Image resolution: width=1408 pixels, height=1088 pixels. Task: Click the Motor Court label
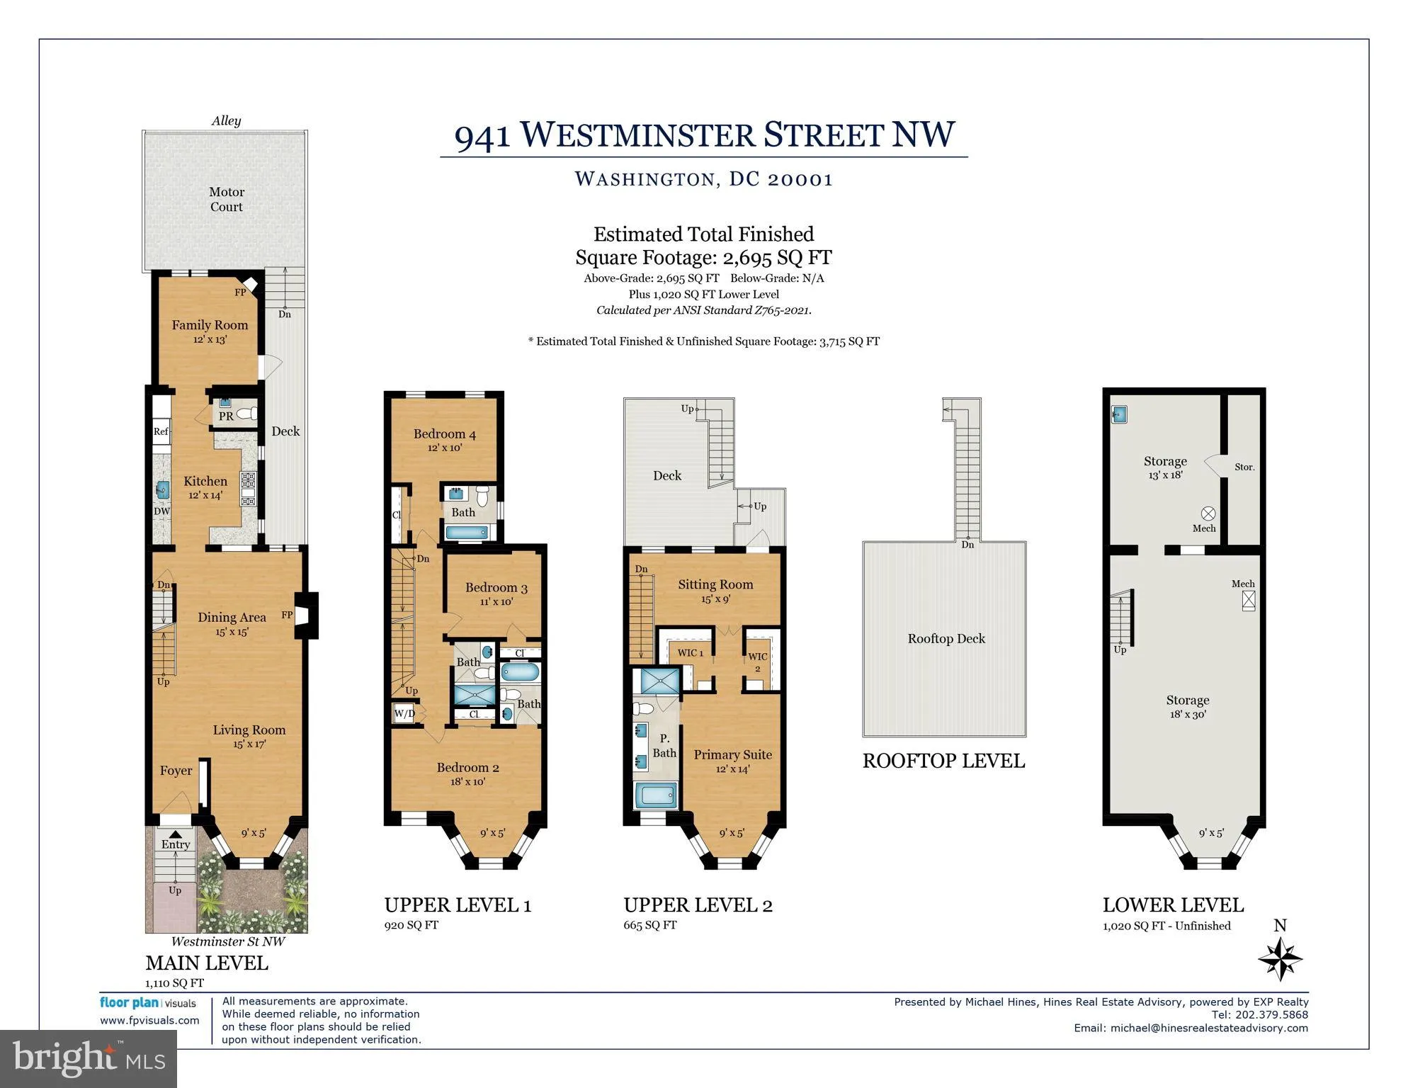(227, 199)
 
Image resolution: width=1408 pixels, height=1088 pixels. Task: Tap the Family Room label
(210, 325)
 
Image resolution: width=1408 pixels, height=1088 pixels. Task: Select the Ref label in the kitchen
(161, 431)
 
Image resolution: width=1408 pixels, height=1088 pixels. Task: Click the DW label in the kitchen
(162, 511)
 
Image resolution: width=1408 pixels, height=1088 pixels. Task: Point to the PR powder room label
(226, 416)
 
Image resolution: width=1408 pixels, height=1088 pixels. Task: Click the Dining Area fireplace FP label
(287, 615)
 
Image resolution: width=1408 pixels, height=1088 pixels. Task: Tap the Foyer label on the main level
(176, 771)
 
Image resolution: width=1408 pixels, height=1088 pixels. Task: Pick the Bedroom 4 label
(445, 434)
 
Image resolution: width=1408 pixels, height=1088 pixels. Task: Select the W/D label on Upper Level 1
(404, 713)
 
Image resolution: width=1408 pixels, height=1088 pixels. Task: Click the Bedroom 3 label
(496, 588)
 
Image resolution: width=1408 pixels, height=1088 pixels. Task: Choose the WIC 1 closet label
(691, 653)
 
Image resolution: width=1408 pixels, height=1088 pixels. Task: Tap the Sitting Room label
(715, 584)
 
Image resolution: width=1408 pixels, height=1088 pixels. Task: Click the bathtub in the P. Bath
(656, 795)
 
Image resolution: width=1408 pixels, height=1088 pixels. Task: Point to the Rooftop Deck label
(946, 639)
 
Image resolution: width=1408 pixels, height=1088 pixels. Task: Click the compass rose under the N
(1281, 958)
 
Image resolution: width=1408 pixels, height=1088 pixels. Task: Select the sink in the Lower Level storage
(1119, 414)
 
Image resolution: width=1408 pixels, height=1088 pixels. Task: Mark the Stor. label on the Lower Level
(1244, 467)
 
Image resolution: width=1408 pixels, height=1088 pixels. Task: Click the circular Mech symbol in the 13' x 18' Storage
(1208, 514)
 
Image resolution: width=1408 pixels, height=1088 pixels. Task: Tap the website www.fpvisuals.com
(149, 1021)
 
